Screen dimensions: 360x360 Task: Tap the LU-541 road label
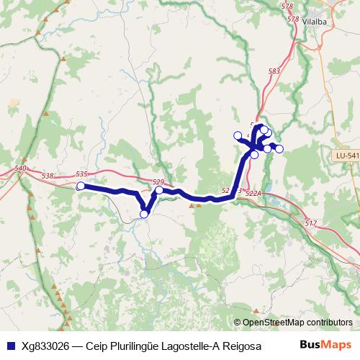click(x=346, y=156)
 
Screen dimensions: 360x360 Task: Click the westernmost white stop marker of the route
click(x=81, y=186)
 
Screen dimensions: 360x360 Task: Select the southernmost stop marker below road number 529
click(x=144, y=214)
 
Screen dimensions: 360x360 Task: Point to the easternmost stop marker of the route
click(x=279, y=149)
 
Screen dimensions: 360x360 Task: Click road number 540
click(x=20, y=168)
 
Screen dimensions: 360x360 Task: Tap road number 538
click(x=48, y=176)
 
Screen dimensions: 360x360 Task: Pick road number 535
click(x=81, y=174)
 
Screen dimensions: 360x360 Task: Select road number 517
click(x=311, y=223)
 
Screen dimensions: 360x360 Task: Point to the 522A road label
click(x=252, y=194)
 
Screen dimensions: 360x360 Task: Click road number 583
click(x=274, y=71)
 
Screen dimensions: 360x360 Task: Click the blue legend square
click(x=10, y=345)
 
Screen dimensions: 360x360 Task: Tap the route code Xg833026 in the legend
click(x=48, y=345)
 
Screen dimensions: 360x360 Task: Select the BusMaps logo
click(x=325, y=344)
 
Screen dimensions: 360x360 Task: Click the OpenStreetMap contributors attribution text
click(x=297, y=322)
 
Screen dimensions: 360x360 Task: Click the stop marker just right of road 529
click(x=158, y=191)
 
